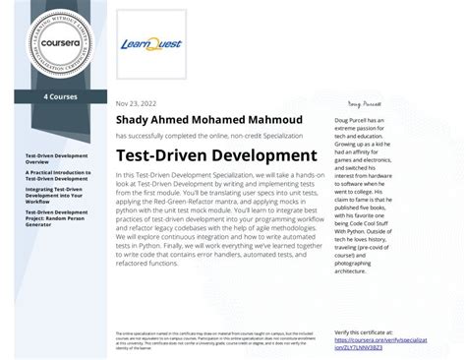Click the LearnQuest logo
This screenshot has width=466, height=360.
pyautogui.click(x=146, y=44)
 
